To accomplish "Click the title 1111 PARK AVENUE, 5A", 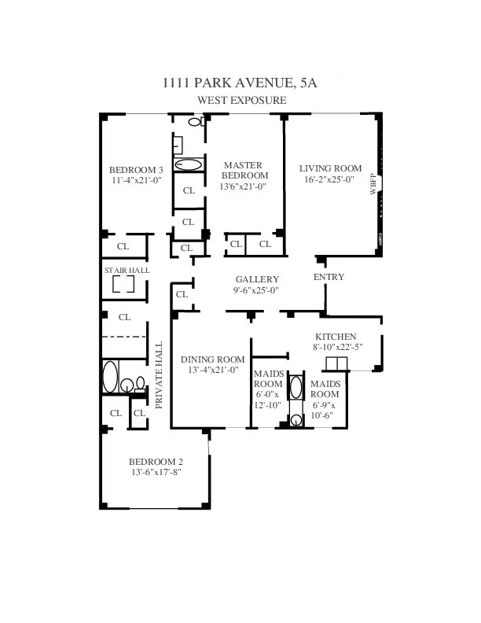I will pyautogui.click(x=240, y=83).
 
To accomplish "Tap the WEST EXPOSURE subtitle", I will pyautogui.click(x=240, y=100).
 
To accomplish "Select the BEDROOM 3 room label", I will pyautogui.click(x=136, y=170).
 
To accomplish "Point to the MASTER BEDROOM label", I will pyautogui.click(x=244, y=170).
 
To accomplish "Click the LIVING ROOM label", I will pyautogui.click(x=330, y=168).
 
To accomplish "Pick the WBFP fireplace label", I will pyautogui.click(x=373, y=190).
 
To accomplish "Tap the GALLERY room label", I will pyautogui.click(x=258, y=279).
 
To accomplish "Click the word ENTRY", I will pyautogui.click(x=328, y=277).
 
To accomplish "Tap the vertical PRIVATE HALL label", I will pyautogui.click(x=159, y=375).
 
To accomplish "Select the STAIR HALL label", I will pyautogui.click(x=127, y=271).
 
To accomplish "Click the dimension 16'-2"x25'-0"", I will pyautogui.click(x=330, y=179).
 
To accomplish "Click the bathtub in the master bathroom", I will pyautogui.click(x=188, y=165).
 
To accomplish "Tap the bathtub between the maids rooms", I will pyautogui.click(x=296, y=388).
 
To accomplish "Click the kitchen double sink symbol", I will pyautogui.click(x=336, y=363).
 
